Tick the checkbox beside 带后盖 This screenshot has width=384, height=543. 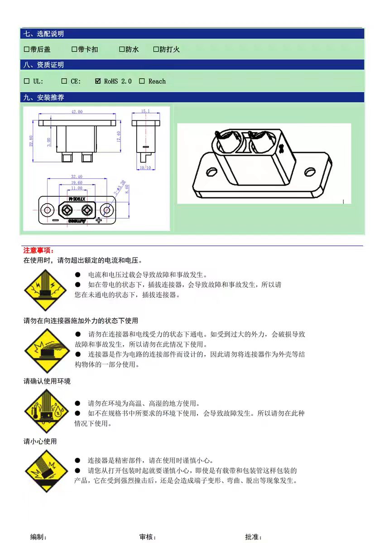(26, 49)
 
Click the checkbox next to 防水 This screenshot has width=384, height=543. (122, 49)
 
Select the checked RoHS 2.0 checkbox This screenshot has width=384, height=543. (98, 81)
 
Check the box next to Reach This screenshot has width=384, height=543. (142, 81)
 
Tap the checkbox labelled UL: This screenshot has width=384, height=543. (26, 81)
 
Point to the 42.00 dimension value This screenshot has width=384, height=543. (77, 112)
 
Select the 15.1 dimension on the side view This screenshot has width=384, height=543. (145, 111)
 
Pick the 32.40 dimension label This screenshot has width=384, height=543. (77, 177)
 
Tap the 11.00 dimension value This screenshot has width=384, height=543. (77, 188)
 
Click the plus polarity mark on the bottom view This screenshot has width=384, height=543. (98, 220)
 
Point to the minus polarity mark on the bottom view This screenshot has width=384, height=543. (55, 220)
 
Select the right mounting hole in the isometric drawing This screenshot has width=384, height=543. (310, 172)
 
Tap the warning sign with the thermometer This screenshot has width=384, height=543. (45, 411)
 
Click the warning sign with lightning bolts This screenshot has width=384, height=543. (45, 290)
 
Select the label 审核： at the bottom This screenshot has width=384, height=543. (148, 537)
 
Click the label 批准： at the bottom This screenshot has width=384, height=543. (254, 537)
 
